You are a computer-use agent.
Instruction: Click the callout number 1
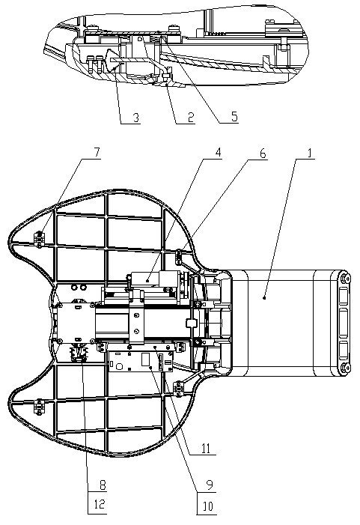(x=309, y=154)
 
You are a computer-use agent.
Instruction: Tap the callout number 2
(x=191, y=118)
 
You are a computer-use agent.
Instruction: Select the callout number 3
(x=136, y=118)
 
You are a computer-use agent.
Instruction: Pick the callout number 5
(x=234, y=117)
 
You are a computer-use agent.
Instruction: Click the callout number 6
(x=263, y=154)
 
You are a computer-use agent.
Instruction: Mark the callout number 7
(x=96, y=152)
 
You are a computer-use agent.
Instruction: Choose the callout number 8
(x=102, y=485)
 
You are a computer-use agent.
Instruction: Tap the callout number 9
(x=210, y=485)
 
